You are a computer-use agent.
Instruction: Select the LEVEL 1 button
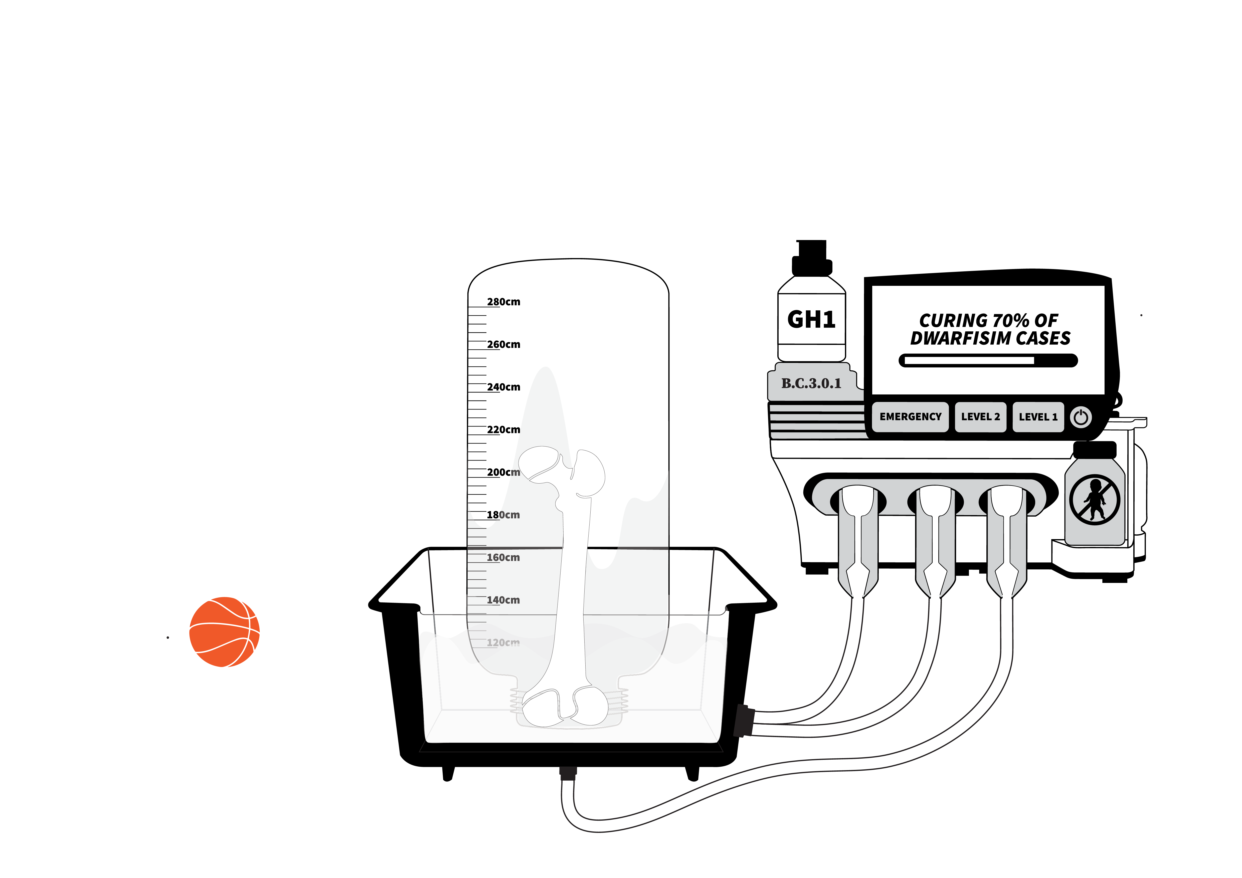(1037, 417)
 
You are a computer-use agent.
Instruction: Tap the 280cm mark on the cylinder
(503, 302)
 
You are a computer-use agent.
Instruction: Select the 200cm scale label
(503, 472)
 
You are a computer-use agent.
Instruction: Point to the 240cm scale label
(503, 387)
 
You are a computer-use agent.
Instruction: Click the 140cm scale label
(503, 600)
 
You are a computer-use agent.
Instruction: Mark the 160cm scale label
(503, 557)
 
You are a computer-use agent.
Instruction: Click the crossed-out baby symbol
(1094, 500)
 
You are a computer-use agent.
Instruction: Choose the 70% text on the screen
(1010, 321)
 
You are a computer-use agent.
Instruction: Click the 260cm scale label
(503, 344)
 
